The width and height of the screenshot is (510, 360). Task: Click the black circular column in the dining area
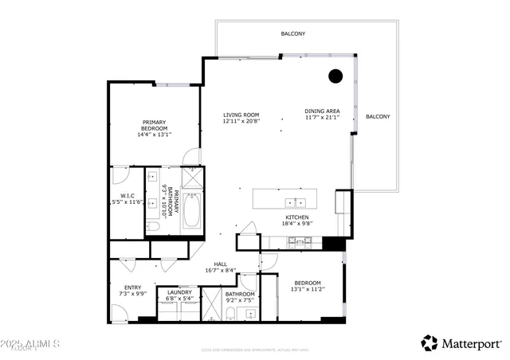pos(335,76)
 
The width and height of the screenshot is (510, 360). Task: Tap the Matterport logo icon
pos(430,342)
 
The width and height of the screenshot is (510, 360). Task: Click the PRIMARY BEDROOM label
pos(154,125)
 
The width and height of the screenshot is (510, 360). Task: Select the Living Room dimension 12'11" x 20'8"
pos(241,122)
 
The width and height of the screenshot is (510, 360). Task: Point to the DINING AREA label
pos(322,112)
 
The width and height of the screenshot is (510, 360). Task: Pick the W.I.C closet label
pos(127,196)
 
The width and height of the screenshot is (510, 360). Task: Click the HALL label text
pos(220,264)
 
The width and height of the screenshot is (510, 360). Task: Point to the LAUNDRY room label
pos(178,292)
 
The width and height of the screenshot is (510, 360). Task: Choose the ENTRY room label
pos(132,288)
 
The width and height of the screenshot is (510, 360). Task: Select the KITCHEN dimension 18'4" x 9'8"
pos(296,225)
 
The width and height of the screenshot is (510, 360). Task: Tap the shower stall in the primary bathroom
pos(192,177)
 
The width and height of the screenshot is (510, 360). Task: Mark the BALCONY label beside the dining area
pos(378,117)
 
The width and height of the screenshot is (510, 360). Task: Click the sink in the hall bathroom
pos(248,314)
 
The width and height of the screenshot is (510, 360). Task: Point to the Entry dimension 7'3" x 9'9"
pos(132,295)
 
